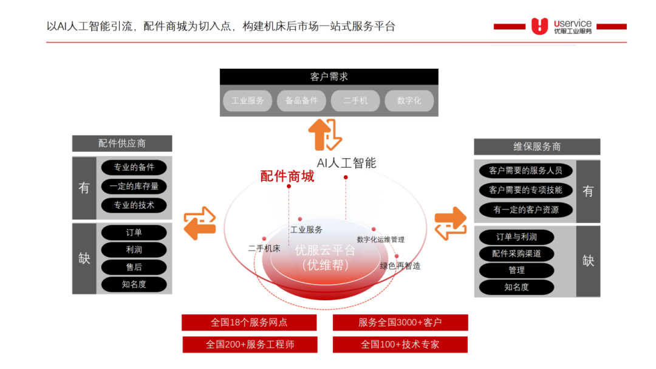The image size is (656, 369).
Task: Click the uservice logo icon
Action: click(539, 26)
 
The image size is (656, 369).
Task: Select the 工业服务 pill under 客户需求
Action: click(247, 100)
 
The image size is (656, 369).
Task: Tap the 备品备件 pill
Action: click(301, 100)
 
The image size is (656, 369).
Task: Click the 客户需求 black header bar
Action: click(329, 77)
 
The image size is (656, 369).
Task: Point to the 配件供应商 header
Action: click(122, 143)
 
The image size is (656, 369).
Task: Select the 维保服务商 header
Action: click(537, 147)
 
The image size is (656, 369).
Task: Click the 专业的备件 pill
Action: click(134, 167)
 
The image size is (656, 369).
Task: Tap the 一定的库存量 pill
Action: click(134, 187)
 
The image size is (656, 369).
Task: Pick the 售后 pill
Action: click(134, 267)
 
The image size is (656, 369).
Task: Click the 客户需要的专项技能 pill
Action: click(525, 190)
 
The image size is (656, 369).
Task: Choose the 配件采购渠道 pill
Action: click(516, 253)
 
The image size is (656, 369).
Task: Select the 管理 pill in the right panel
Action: click(516, 270)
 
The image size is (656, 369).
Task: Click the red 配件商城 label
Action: click(287, 176)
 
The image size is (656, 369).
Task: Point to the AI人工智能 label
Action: click(346, 163)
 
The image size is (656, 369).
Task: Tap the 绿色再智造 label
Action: click(400, 266)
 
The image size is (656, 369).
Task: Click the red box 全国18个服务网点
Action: click(249, 322)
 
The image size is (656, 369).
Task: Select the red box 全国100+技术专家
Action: click(400, 344)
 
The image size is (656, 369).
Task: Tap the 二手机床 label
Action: click(264, 248)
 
